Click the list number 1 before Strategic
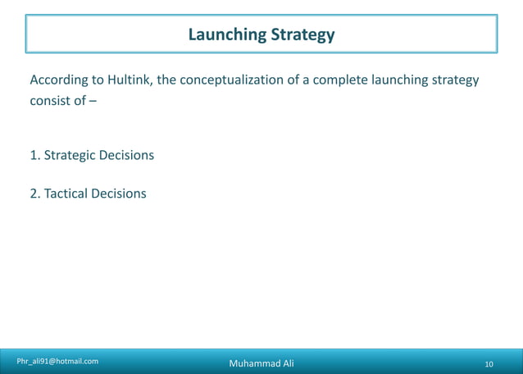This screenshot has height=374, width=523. click(34, 155)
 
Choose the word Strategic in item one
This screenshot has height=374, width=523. click(69, 155)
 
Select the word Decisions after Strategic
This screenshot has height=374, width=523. click(126, 155)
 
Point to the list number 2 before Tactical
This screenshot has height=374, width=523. click(34, 194)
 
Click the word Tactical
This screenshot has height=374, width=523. click(66, 194)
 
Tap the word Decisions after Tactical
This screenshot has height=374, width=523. click(119, 194)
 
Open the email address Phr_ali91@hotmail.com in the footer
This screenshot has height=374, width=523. click(57, 361)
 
